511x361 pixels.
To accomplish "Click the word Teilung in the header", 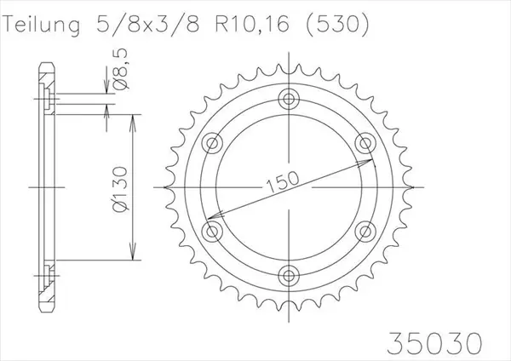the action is (42, 25).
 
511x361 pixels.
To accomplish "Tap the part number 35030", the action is (435, 343).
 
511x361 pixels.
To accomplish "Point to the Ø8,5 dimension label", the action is (120, 70).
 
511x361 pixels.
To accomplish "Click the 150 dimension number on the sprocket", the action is (283, 181).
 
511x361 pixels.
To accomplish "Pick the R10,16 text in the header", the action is (252, 25).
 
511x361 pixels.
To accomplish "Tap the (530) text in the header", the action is (337, 25).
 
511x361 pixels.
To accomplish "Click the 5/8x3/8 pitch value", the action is (147, 25).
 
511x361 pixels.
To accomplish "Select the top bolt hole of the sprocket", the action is (289, 99).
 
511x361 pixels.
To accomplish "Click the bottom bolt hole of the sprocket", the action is (289, 276).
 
